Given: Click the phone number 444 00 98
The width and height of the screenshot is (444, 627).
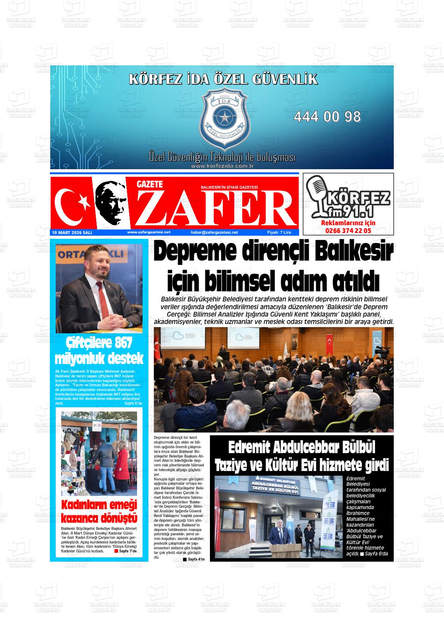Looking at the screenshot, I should point(327,117).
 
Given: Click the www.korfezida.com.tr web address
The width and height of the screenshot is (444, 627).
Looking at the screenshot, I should point(222,166).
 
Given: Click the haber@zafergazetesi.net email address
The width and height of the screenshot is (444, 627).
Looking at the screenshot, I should point(214,233).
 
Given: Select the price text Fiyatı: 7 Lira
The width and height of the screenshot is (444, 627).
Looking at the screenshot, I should point(279,233).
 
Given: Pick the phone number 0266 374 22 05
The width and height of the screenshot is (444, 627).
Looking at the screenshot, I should point(348,231).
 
